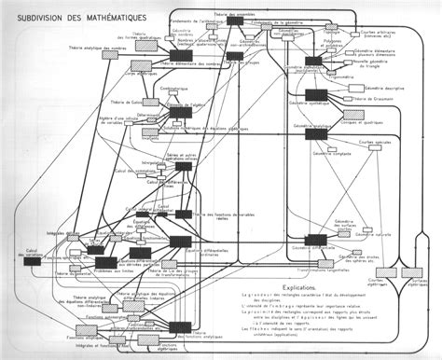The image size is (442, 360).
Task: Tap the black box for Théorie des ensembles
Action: point(233,21)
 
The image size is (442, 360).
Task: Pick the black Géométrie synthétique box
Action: point(312,61)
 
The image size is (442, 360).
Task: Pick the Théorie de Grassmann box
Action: point(345,96)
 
